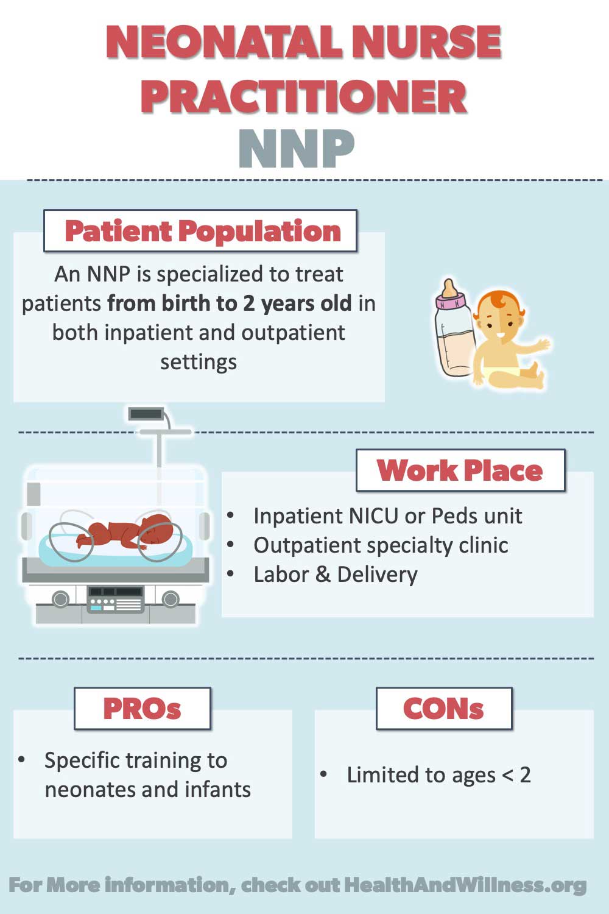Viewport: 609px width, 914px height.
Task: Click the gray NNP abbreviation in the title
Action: (x=297, y=149)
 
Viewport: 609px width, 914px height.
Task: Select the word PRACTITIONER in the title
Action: (x=304, y=96)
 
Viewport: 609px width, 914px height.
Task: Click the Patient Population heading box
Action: (x=200, y=231)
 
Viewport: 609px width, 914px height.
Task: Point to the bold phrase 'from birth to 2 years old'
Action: (x=229, y=303)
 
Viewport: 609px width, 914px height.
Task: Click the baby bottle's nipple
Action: (x=449, y=288)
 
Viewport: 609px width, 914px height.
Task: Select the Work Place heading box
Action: (x=460, y=470)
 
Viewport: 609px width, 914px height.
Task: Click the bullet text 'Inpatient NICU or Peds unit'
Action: (x=387, y=516)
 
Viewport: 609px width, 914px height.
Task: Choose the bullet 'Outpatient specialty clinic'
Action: (x=381, y=545)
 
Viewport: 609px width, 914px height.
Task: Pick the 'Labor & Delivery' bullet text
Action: (x=336, y=575)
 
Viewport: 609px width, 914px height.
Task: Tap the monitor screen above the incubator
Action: (x=146, y=414)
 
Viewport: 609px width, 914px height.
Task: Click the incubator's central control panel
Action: (x=115, y=600)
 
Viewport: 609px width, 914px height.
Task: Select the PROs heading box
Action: (x=143, y=709)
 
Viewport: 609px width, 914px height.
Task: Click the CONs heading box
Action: (x=444, y=709)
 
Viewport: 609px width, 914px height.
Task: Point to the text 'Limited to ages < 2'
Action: (x=439, y=775)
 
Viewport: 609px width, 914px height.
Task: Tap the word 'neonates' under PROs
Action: (x=89, y=790)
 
